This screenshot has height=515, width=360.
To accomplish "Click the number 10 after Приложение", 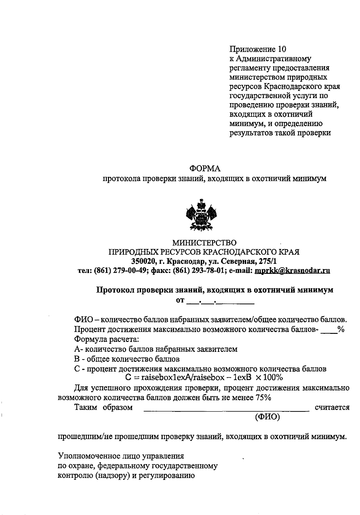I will tap(282, 49).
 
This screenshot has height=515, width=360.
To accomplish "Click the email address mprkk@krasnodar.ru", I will tap(292, 271).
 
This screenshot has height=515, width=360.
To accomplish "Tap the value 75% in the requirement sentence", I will tap(263, 398).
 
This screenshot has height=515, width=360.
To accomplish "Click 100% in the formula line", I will tap(273, 377).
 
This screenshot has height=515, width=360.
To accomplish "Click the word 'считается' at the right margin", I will tap(332, 408).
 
